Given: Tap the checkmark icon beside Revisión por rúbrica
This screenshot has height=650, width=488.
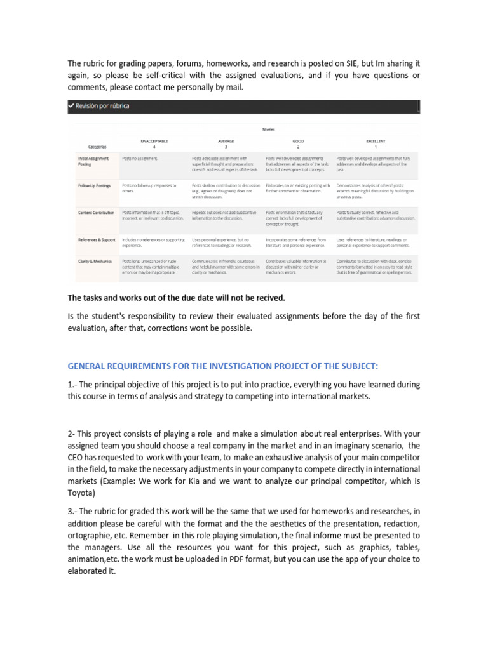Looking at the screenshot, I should click(x=71, y=106).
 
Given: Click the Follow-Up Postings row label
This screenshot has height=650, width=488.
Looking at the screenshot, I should click(x=93, y=186).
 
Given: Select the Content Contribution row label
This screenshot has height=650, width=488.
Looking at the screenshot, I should click(x=95, y=213).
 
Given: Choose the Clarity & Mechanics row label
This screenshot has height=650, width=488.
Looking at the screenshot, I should click(x=95, y=261).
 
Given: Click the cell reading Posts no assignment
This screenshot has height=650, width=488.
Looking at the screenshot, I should click(x=140, y=159).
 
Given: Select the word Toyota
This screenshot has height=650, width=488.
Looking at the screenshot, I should click(x=81, y=493).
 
